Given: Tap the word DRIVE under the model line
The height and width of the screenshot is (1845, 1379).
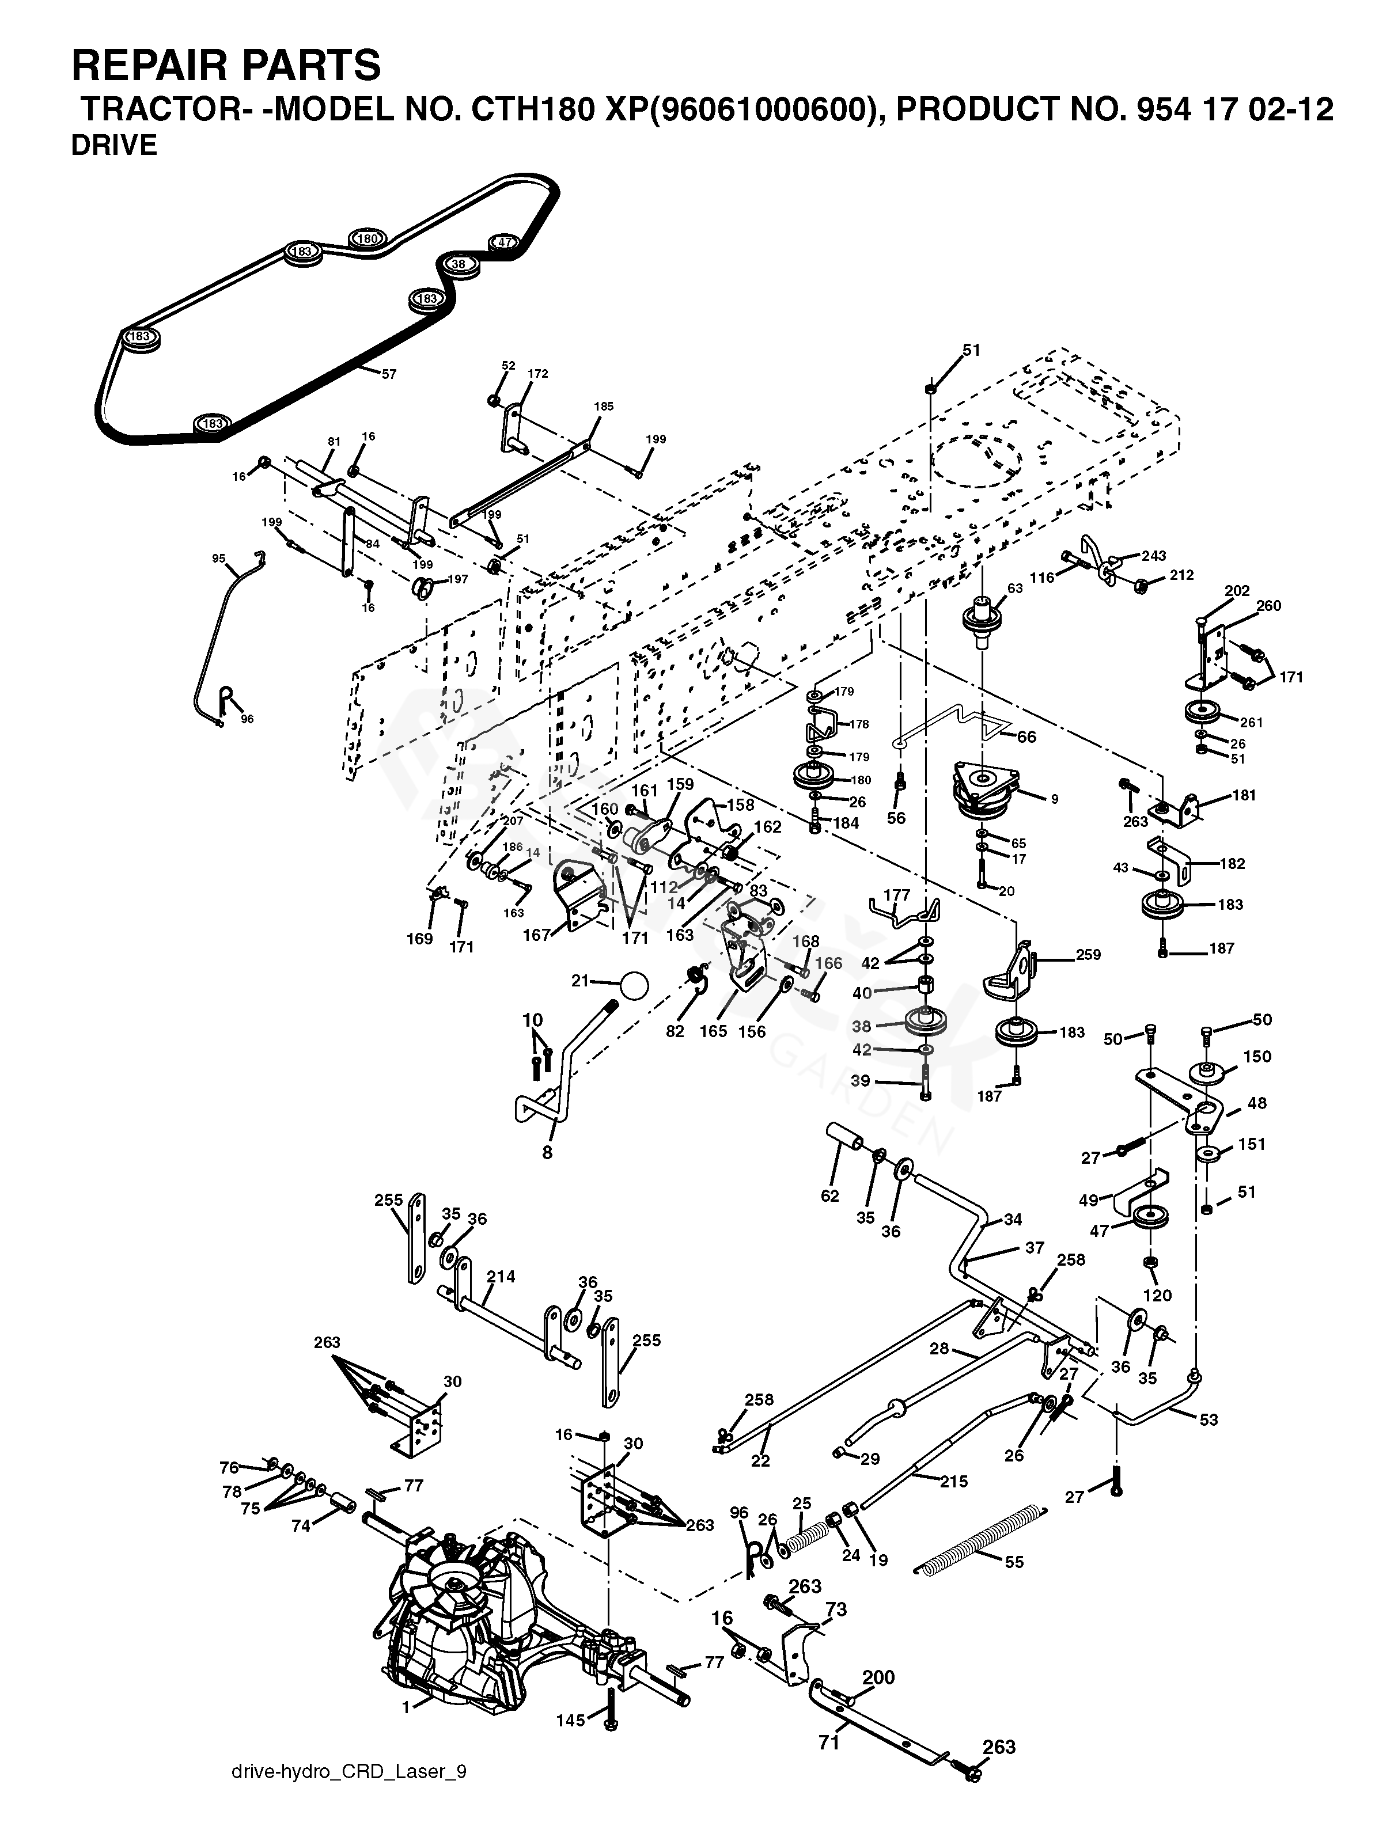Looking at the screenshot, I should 113,145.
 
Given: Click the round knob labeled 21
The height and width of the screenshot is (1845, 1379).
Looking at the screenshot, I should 633,985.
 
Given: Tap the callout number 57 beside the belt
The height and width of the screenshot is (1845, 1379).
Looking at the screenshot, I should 389,374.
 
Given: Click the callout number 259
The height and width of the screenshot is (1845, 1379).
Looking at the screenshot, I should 1088,954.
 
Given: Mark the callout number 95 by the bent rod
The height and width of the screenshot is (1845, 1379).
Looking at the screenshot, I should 218,559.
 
